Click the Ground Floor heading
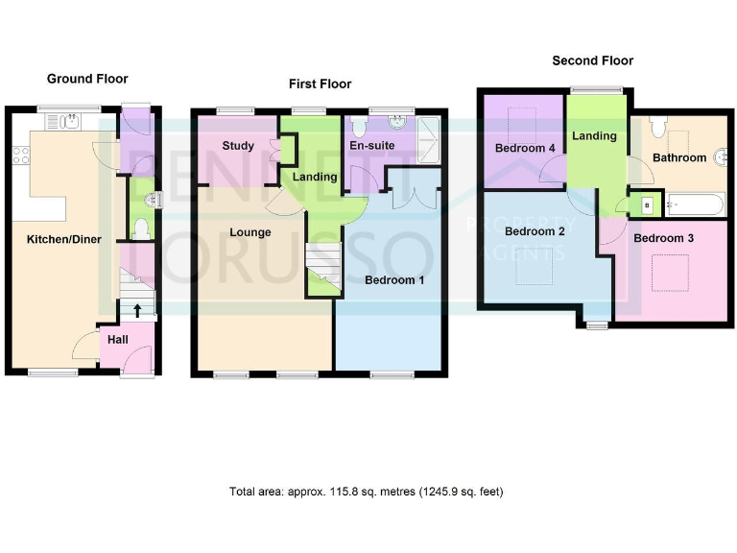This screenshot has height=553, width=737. coord(87,79)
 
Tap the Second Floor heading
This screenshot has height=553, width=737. coord(592,60)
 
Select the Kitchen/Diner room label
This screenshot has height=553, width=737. coord(46,231)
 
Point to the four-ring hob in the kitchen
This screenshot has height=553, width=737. coord(19,153)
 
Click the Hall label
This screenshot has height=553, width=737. coord(117,339)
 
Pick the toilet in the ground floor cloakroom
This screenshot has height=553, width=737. coord(141,228)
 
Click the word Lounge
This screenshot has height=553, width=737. coord(250,232)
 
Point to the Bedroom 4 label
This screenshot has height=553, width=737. coord(524,148)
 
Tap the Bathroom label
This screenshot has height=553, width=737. coord(679,156)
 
